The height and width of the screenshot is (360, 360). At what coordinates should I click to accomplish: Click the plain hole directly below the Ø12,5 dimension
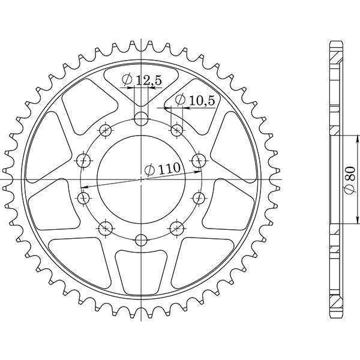pos(141,118)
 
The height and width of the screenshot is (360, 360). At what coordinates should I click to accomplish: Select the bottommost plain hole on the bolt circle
pos(141,240)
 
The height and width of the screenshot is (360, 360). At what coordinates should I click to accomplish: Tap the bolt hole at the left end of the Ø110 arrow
pos(83,197)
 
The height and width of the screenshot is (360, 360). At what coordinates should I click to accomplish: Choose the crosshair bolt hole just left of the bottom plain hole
pos(106,227)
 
